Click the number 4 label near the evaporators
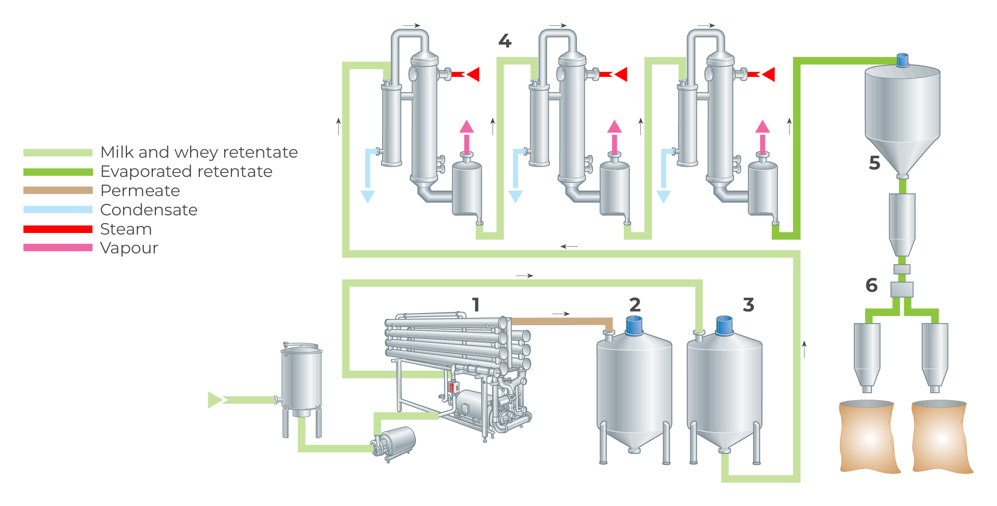505,41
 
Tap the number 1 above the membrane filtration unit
476,305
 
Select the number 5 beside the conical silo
874,163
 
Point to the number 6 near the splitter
871,285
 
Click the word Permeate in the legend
140,191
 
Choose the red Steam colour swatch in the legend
58,229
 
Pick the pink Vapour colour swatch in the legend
58,248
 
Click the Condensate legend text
149,210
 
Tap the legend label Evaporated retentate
186,171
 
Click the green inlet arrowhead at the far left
215,400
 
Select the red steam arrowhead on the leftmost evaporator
474,74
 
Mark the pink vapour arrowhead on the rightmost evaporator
762,127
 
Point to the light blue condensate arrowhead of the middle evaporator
515,196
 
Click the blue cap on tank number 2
634,326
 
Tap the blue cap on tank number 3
724,326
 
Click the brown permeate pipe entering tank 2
560,322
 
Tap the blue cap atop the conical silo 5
902,60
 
